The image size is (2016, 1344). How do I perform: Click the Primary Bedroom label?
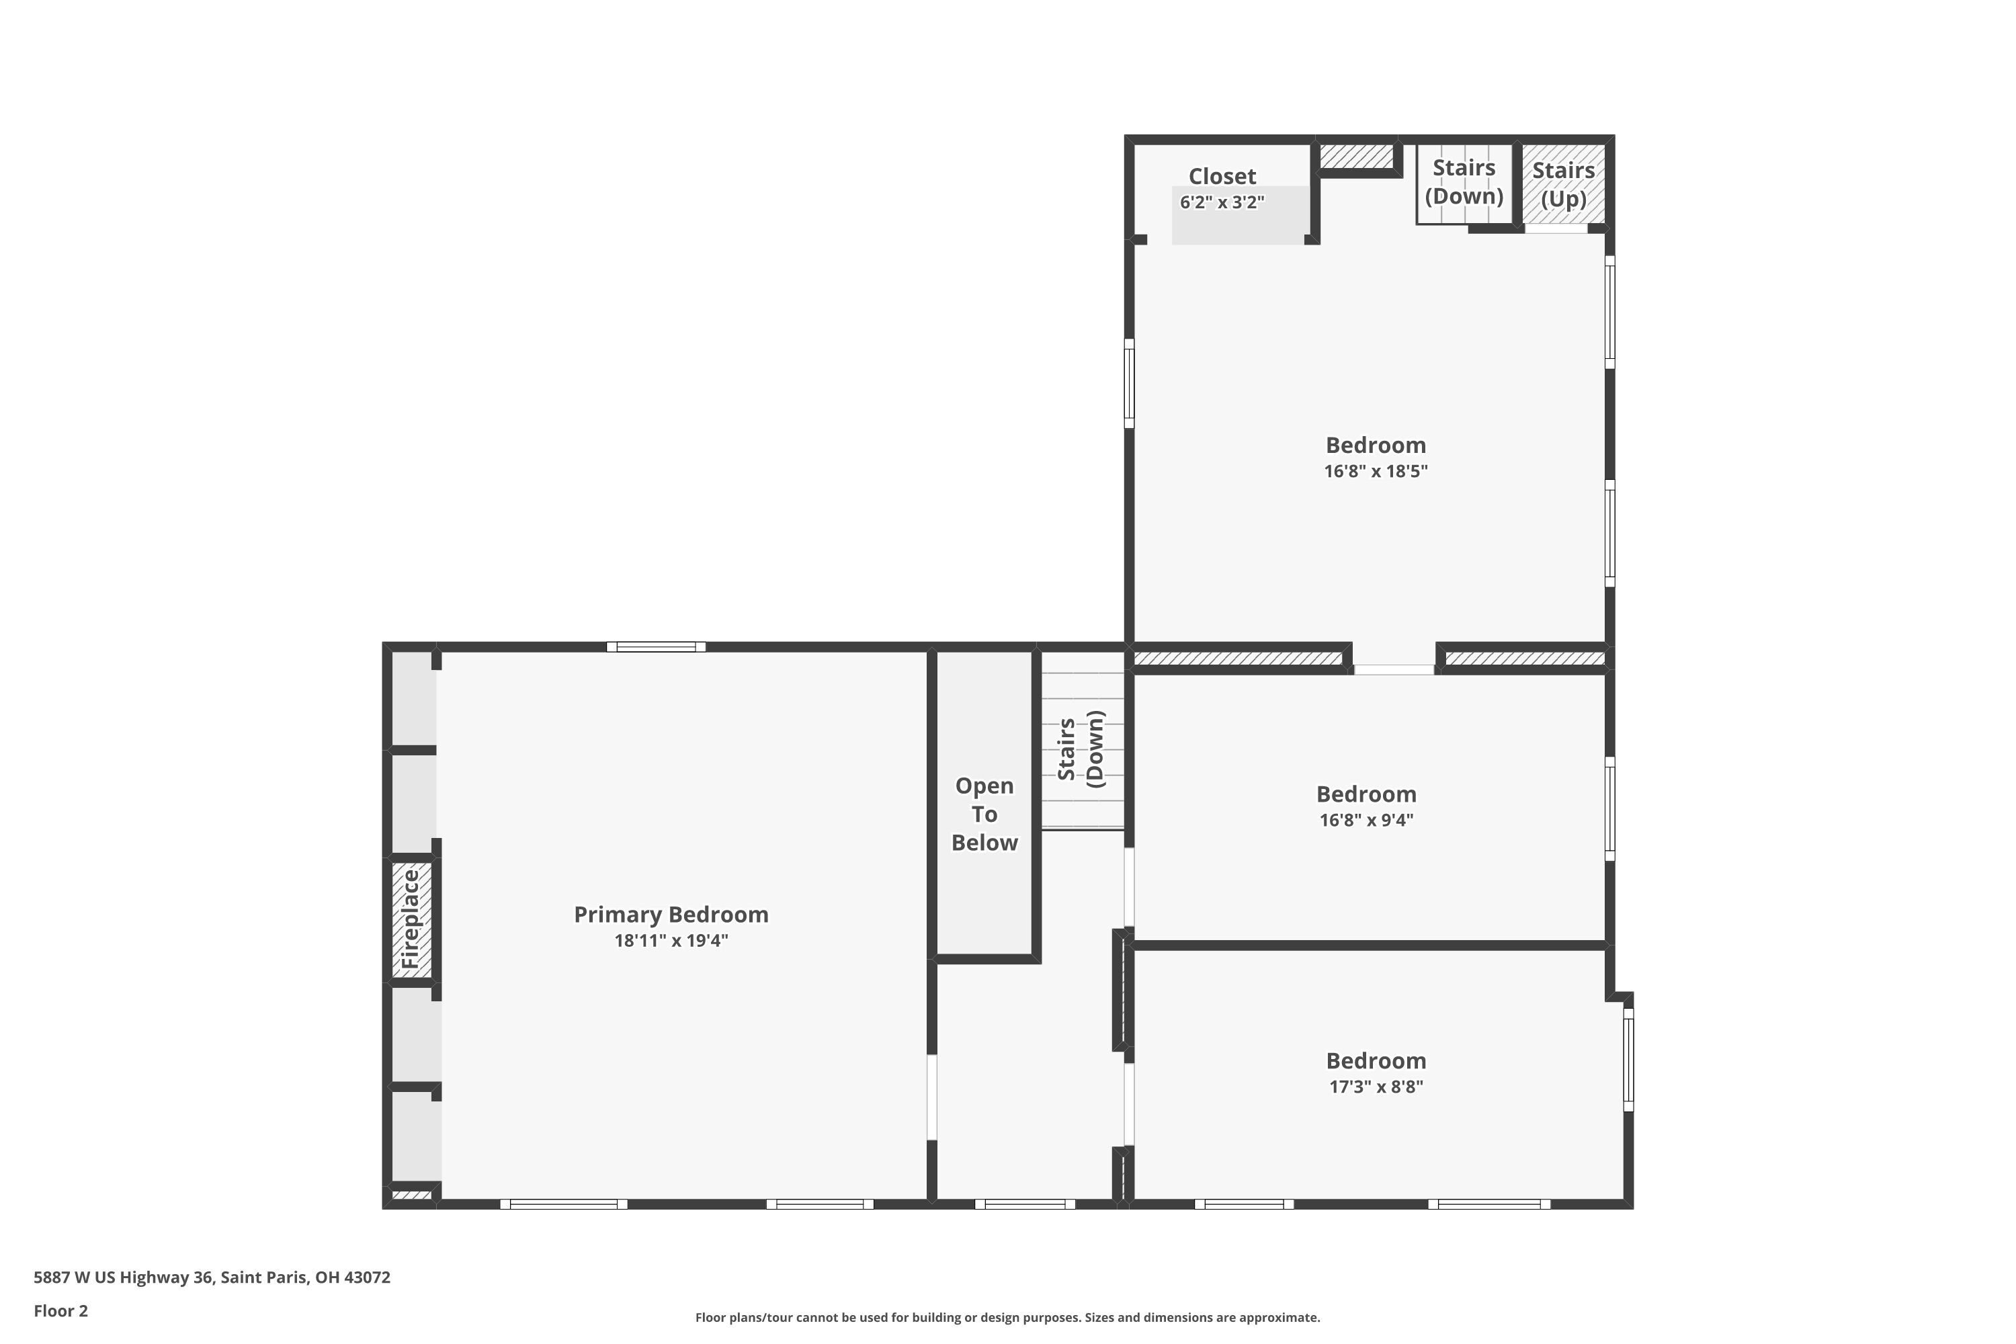(x=671, y=915)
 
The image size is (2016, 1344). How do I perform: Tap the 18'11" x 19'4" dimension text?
(x=671, y=940)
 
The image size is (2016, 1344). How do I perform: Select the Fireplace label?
(x=411, y=919)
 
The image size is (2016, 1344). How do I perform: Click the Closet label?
(x=1222, y=177)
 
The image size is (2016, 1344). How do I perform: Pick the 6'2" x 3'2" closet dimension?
(x=1222, y=202)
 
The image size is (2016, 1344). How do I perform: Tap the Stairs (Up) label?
(x=1564, y=184)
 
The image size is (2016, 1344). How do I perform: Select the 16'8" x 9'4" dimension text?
(x=1366, y=819)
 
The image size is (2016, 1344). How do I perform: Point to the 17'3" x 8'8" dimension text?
(x=1376, y=1087)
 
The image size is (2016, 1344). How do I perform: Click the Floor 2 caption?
(x=61, y=1310)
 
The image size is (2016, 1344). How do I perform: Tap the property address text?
(x=212, y=1277)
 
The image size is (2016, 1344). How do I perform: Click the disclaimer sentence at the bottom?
(x=1007, y=1317)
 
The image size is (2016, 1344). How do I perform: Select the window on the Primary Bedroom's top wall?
(x=656, y=647)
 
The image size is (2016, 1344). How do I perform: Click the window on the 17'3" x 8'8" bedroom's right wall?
(x=1628, y=1060)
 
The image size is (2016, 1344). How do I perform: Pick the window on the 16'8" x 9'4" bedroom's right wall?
(x=1609, y=808)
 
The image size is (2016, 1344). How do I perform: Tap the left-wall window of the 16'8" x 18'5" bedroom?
(x=1129, y=383)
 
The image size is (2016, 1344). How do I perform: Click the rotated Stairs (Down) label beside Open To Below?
(x=1081, y=749)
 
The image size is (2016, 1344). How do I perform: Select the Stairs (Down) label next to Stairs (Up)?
(x=1464, y=181)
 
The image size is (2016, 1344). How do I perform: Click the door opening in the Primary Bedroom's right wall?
(x=931, y=1097)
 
